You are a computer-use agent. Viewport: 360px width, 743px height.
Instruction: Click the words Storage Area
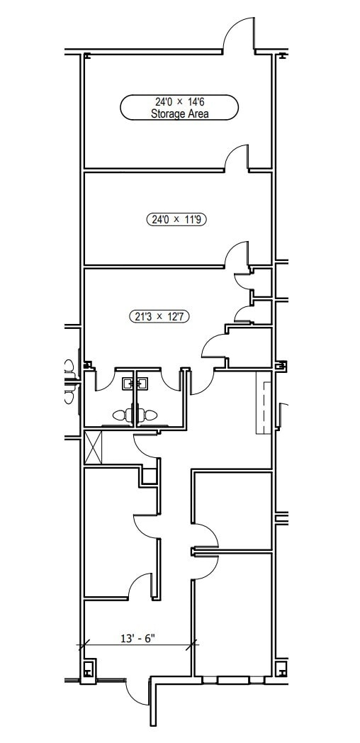point(179,113)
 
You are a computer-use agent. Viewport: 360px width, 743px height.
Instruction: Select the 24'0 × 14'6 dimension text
point(179,101)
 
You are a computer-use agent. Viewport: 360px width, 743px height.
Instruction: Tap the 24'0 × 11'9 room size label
point(180,220)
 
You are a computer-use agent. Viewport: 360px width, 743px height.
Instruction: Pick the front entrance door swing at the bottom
point(137,692)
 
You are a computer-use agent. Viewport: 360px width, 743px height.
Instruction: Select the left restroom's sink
point(128,384)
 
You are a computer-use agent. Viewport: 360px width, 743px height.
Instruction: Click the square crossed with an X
point(94,447)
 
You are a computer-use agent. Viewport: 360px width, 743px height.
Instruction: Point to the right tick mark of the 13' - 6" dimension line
point(193,645)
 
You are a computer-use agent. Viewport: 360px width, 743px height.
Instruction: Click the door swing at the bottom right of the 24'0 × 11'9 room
point(237,256)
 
